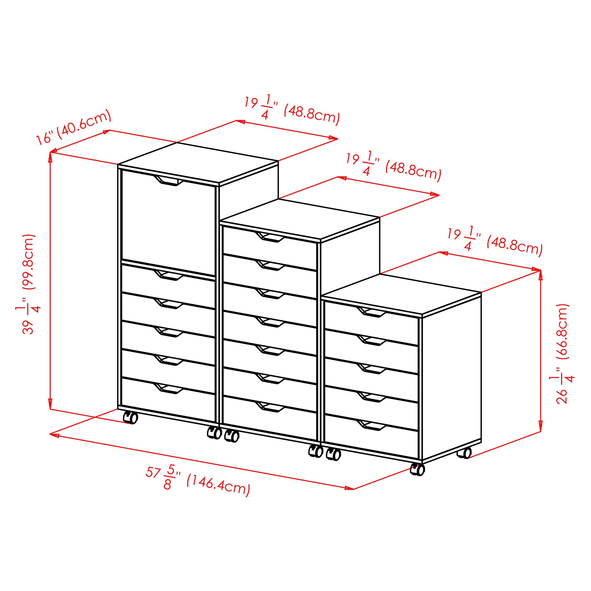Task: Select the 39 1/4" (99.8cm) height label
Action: (x=29, y=284)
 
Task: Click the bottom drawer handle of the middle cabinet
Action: (x=270, y=407)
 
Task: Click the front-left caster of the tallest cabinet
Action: (x=130, y=417)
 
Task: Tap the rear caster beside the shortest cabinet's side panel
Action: (x=464, y=453)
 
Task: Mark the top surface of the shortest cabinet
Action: (x=401, y=294)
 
